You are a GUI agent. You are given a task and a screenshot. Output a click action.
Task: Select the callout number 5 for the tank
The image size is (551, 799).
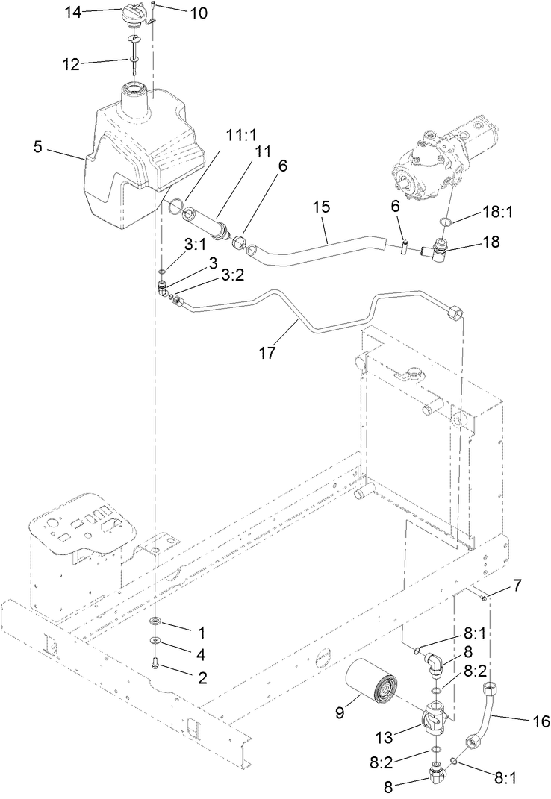(x=38, y=146)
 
